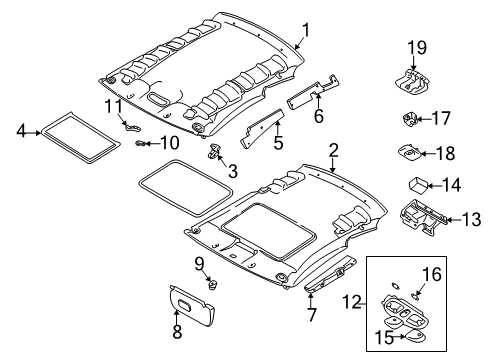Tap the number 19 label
tap(417, 46)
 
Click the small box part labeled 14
tap(412, 184)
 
